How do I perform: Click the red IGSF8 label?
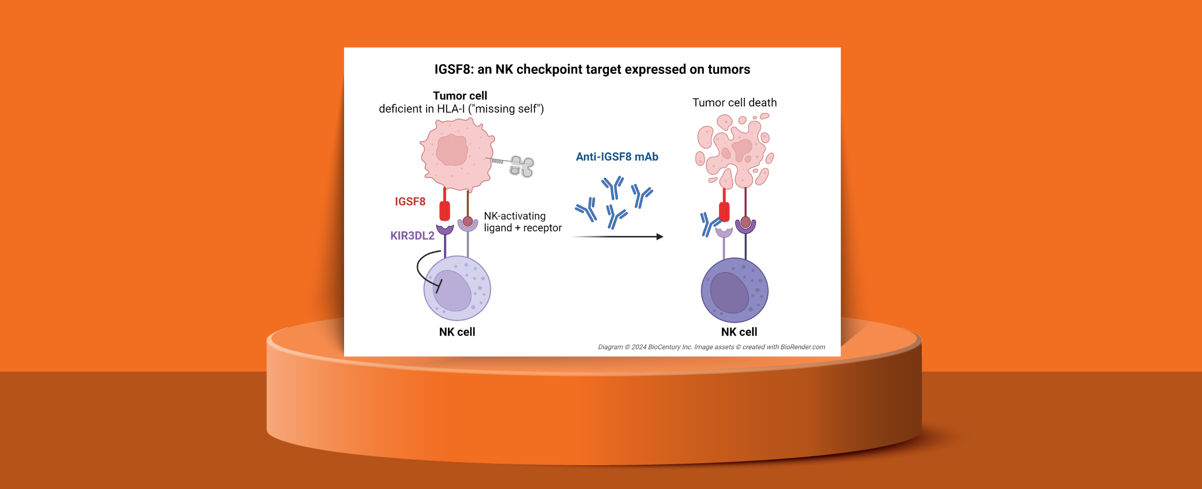pyautogui.click(x=410, y=201)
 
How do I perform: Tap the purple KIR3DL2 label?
pyautogui.click(x=412, y=235)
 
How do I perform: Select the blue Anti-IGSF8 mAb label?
pyautogui.click(x=617, y=157)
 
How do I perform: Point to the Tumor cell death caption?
pyautogui.click(x=734, y=103)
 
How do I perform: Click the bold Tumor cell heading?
pyautogui.click(x=460, y=96)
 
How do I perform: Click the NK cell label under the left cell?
pyautogui.click(x=457, y=332)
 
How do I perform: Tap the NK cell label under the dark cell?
pyautogui.click(x=739, y=332)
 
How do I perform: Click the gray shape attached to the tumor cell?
pyautogui.click(x=522, y=166)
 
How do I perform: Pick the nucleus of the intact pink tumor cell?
pyautogui.click(x=452, y=150)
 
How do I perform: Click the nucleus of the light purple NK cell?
pyautogui.click(x=453, y=291)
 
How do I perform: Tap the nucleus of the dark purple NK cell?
pyautogui.click(x=729, y=293)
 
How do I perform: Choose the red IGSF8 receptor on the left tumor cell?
pyautogui.click(x=444, y=210)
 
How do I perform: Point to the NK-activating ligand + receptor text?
pyautogui.click(x=522, y=222)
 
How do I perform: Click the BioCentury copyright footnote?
pyautogui.click(x=711, y=347)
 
